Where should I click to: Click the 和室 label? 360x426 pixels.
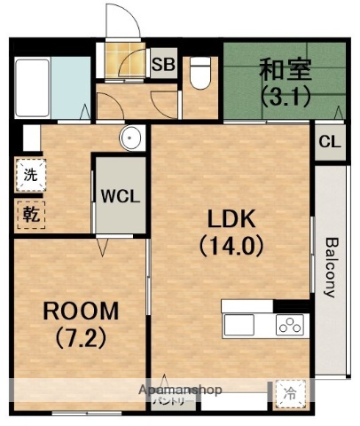click(x=285, y=68)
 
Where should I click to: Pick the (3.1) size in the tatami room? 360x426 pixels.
click(x=285, y=95)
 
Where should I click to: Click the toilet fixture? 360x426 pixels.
click(x=199, y=71)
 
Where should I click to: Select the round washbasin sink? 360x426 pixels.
click(x=131, y=138)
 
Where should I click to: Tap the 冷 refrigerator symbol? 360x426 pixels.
click(x=290, y=390)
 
